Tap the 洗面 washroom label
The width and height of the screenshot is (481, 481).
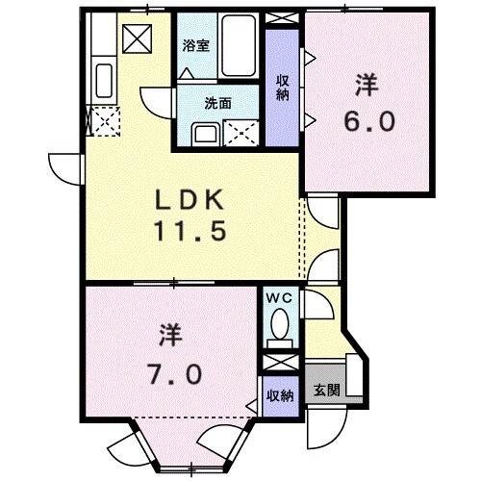pos(216,104)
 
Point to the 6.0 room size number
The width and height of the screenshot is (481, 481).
pos(366,123)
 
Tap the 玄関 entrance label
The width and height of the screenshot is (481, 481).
pos(325,392)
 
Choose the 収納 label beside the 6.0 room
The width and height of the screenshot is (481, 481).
pos(283,87)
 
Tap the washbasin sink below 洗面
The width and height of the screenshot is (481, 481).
pos(203,134)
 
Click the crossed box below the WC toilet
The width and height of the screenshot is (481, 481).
pos(280,363)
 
